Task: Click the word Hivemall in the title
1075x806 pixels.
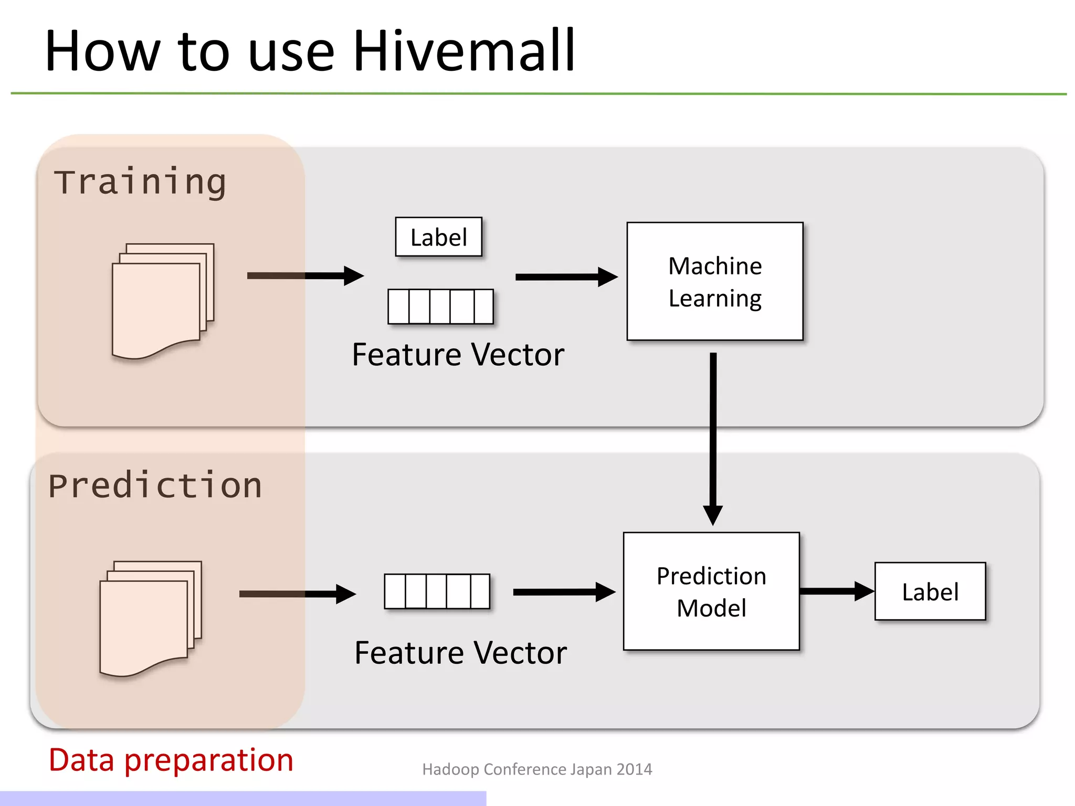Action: (x=465, y=51)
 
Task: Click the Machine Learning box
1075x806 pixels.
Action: (x=714, y=281)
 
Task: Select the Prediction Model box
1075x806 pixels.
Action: (x=711, y=591)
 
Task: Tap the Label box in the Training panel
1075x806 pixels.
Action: (x=438, y=237)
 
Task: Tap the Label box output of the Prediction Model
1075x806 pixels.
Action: (x=930, y=591)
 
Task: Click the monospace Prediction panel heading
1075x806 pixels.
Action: (x=155, y=485)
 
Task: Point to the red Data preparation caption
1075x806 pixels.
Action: (x=171, y=759)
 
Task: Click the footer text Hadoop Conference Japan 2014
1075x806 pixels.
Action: (x=536, y=769)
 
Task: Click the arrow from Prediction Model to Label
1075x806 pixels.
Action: (x=836, y=591)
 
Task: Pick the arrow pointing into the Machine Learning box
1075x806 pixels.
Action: (x=565, y=277)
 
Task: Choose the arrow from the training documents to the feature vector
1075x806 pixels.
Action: (x=304, y=276)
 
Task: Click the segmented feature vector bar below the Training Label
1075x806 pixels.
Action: (x=440, y=306)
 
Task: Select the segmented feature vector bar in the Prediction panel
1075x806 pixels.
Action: (x=436, y=591)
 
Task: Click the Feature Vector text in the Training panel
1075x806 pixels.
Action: (x=458, y=354)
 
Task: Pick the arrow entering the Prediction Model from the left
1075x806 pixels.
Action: (x=563, y=592)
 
